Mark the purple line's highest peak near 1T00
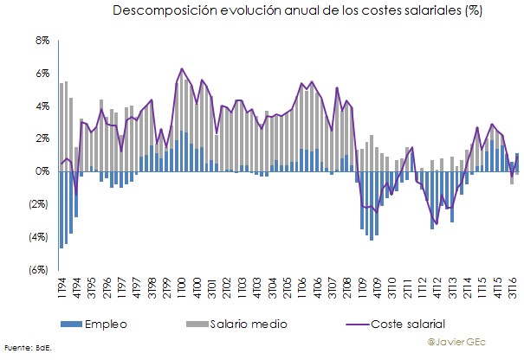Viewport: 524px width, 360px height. (x=182, y=68)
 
